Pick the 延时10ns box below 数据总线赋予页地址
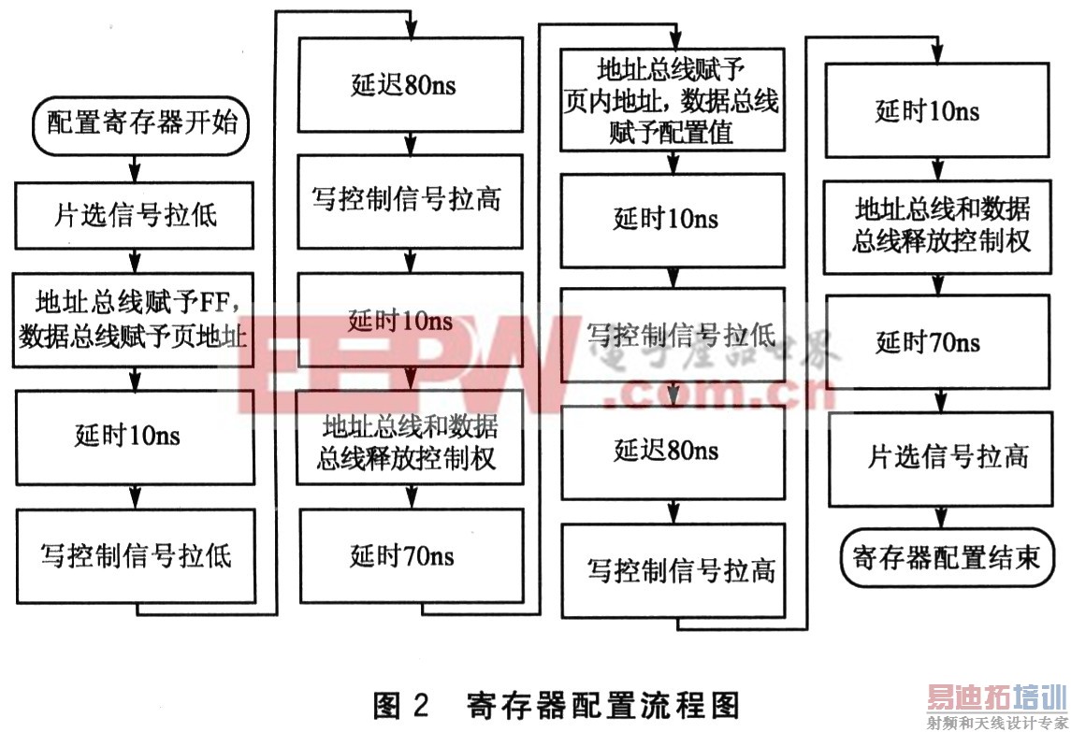tap(136, 436)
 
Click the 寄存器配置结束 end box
tap(946, 558)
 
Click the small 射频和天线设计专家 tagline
tap(997, 723)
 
